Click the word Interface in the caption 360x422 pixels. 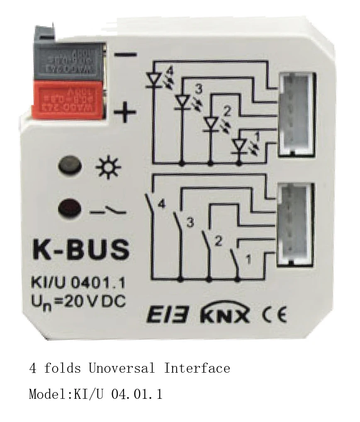tap(197, 368)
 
